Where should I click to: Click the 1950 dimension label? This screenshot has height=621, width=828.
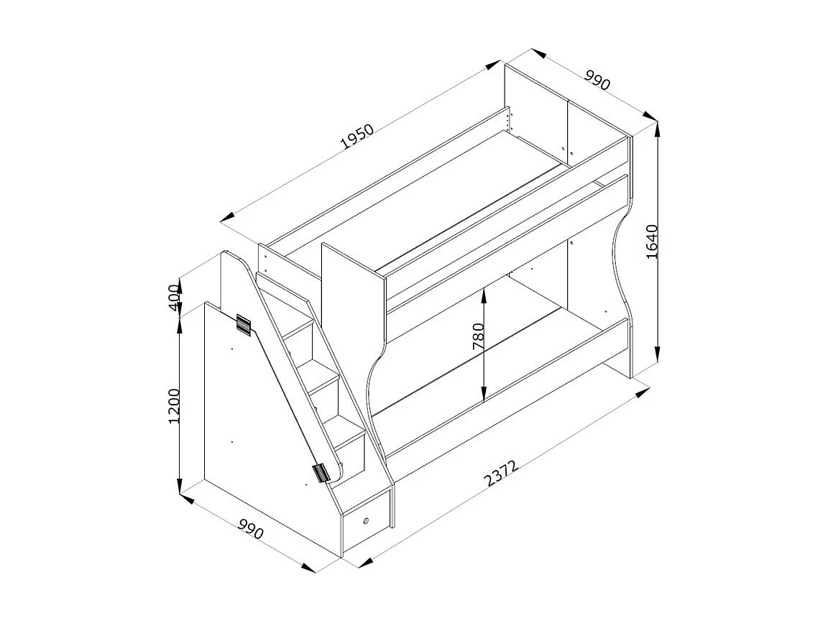358,137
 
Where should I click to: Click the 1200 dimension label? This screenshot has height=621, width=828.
174,406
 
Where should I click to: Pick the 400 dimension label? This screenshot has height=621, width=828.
174,295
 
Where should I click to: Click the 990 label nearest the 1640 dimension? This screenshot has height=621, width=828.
597,79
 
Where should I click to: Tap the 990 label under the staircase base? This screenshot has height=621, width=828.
251,529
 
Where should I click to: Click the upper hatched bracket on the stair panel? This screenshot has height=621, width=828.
243,325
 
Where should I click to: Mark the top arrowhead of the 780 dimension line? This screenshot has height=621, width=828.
485,290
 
